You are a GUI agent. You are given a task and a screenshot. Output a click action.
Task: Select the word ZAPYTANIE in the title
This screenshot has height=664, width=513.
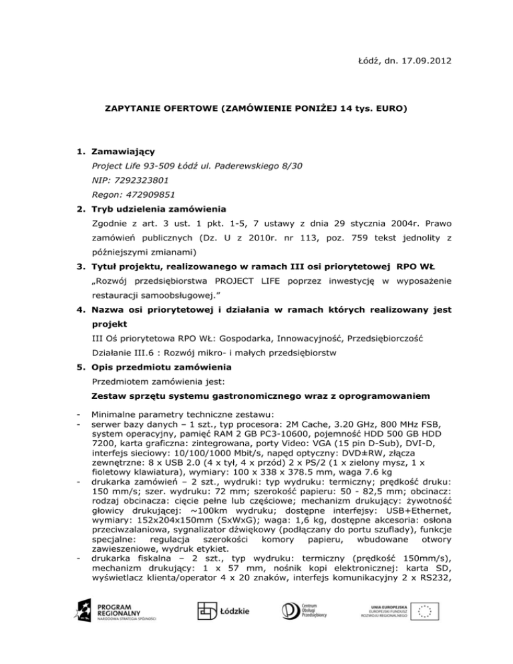[130, 107]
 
